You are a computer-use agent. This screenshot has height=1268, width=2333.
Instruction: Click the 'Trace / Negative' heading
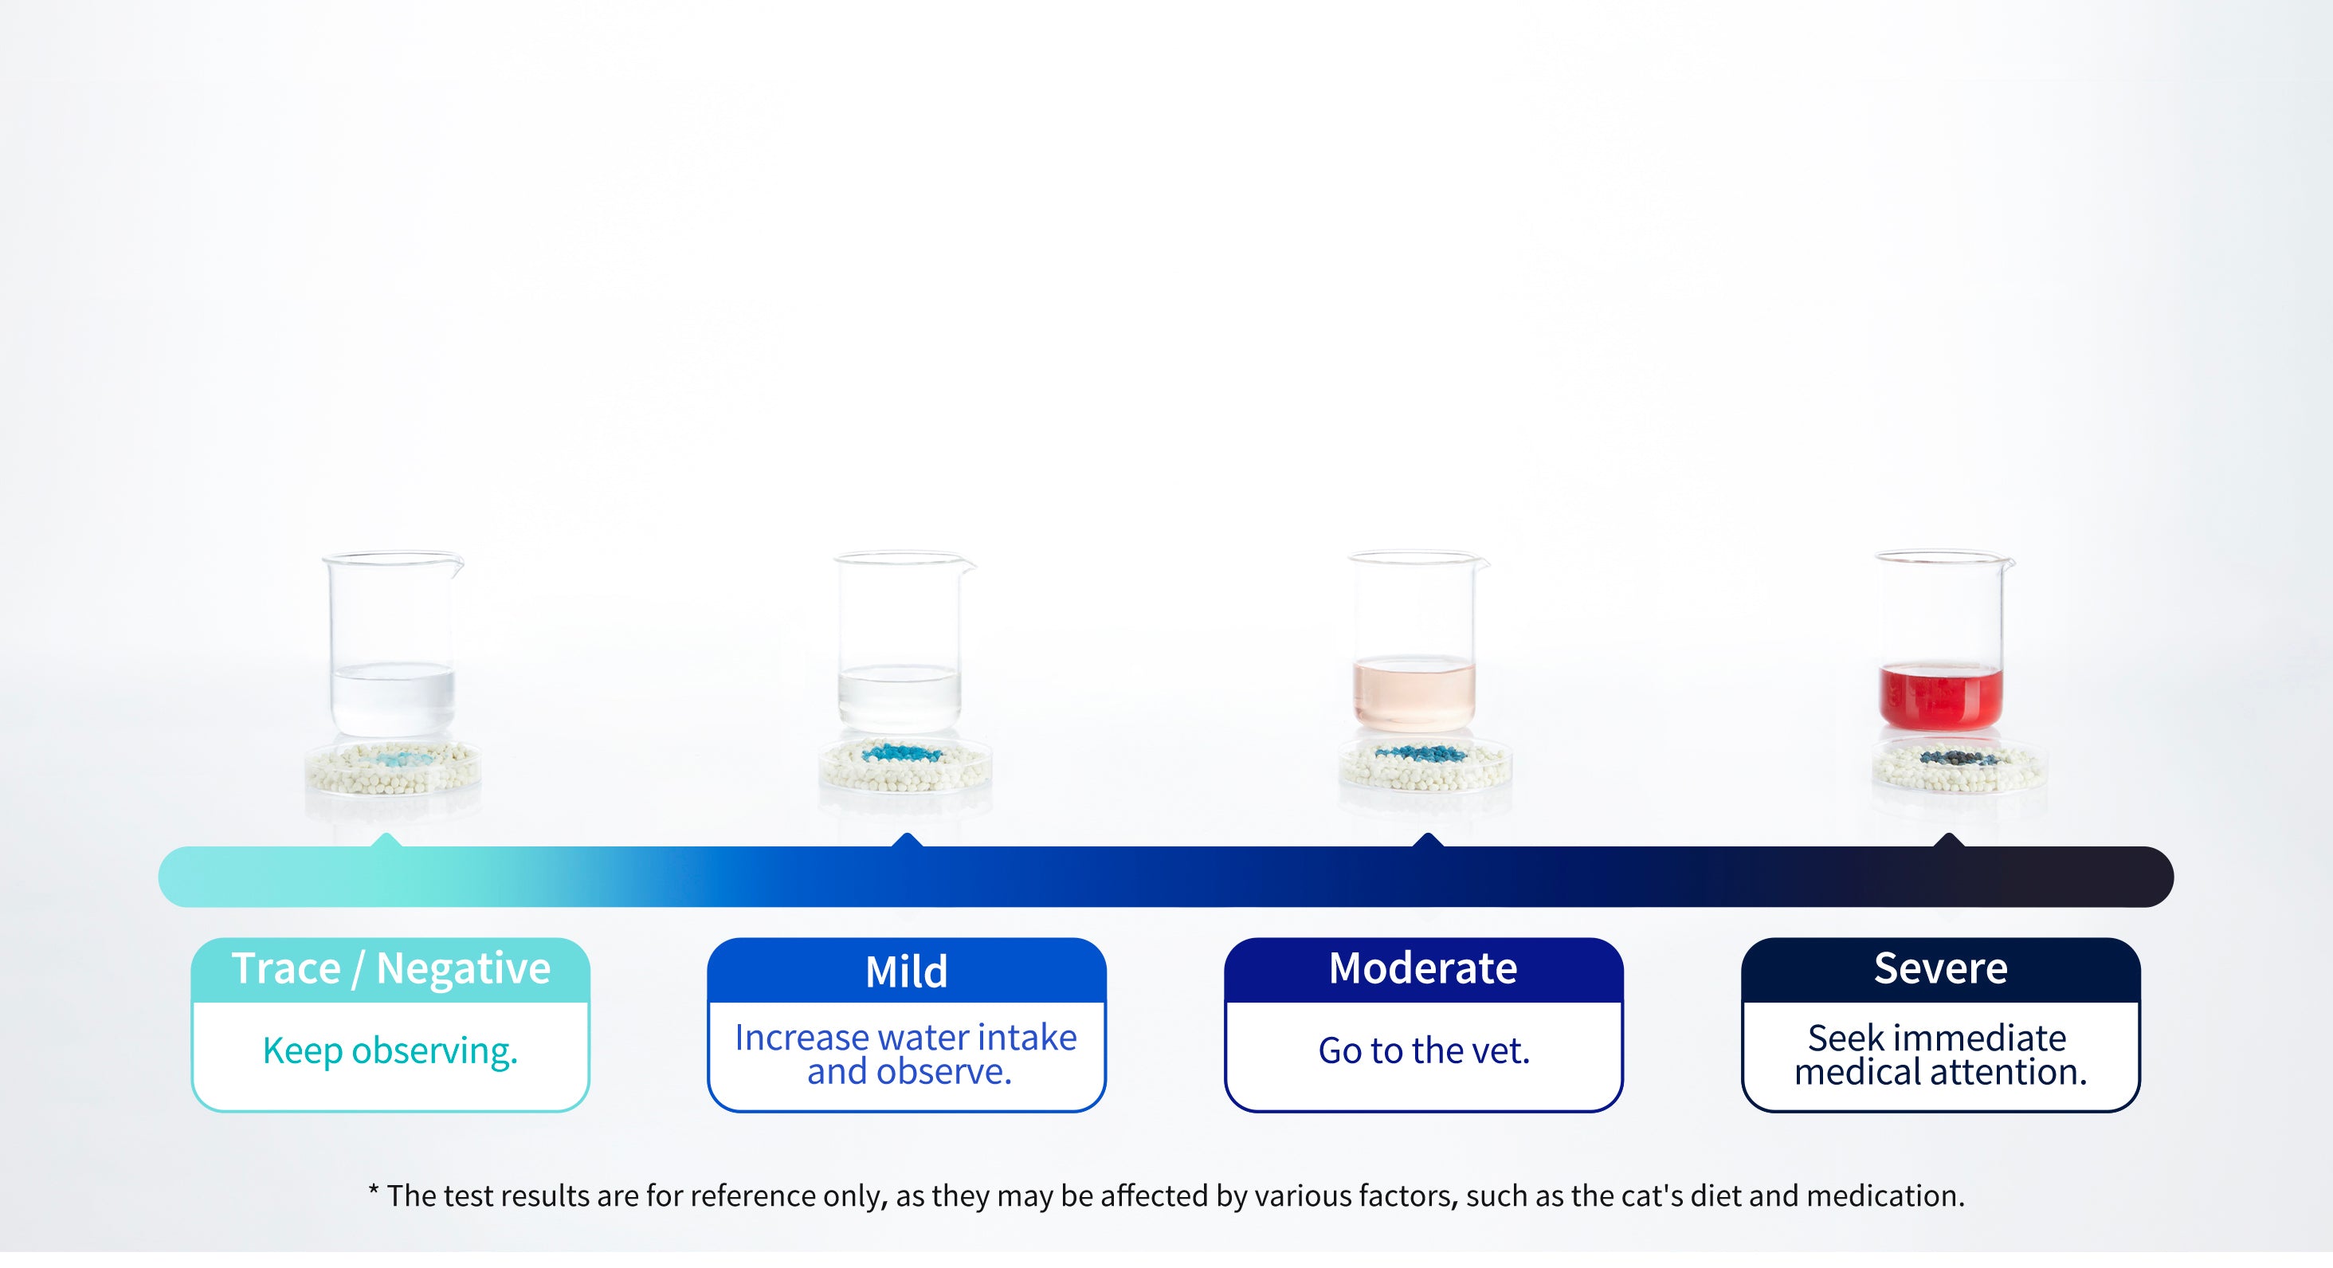click(x=390, y=968)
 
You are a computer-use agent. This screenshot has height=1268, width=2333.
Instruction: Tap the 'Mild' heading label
click(x=906, y=972)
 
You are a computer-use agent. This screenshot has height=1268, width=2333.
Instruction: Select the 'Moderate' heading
click(x=1423, y=968)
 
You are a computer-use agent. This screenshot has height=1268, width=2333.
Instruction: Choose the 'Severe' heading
click(x=1940, y=968)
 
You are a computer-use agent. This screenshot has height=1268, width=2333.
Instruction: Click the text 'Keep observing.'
click(x=390, y=1050)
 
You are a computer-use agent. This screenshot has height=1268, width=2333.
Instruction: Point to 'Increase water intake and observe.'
click(x=906, y=1054)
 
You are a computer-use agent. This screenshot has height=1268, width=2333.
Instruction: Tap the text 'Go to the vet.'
click(x=1423, y=1050)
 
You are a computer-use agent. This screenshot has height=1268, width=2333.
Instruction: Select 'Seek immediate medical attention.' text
click(x=1940, y=1054)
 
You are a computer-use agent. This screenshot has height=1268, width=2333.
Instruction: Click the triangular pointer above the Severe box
click(x=1948, y=841)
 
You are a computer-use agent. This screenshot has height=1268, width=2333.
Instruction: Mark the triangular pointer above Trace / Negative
click(x=386, y=841)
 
